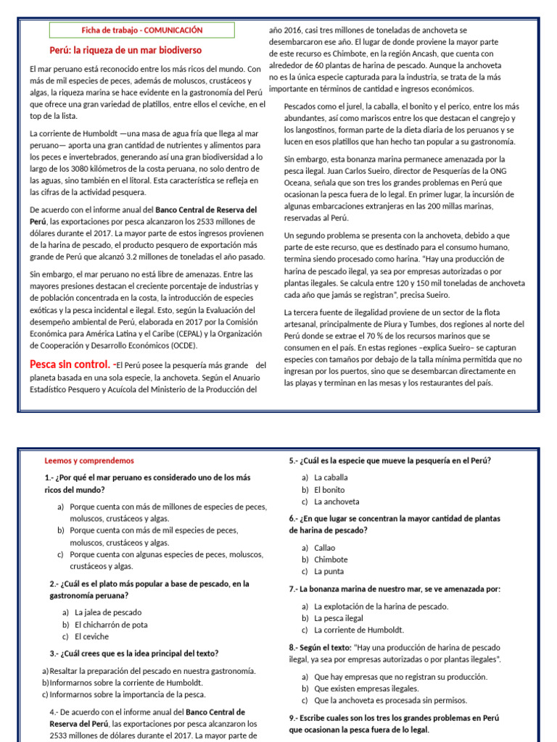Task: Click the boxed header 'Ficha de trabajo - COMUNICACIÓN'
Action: pos(141,30)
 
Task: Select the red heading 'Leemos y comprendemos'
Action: pos(89,460)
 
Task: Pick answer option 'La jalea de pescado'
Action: pos(108,612)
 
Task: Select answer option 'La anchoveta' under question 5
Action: pos(336,501)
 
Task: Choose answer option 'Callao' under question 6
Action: pos(324,548)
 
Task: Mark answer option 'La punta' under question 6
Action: pos(329,571)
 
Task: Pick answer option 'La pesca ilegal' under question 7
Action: pos(338,618)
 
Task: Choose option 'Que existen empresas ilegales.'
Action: pos(366,688)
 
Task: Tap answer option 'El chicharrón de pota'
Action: pos(111,624)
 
